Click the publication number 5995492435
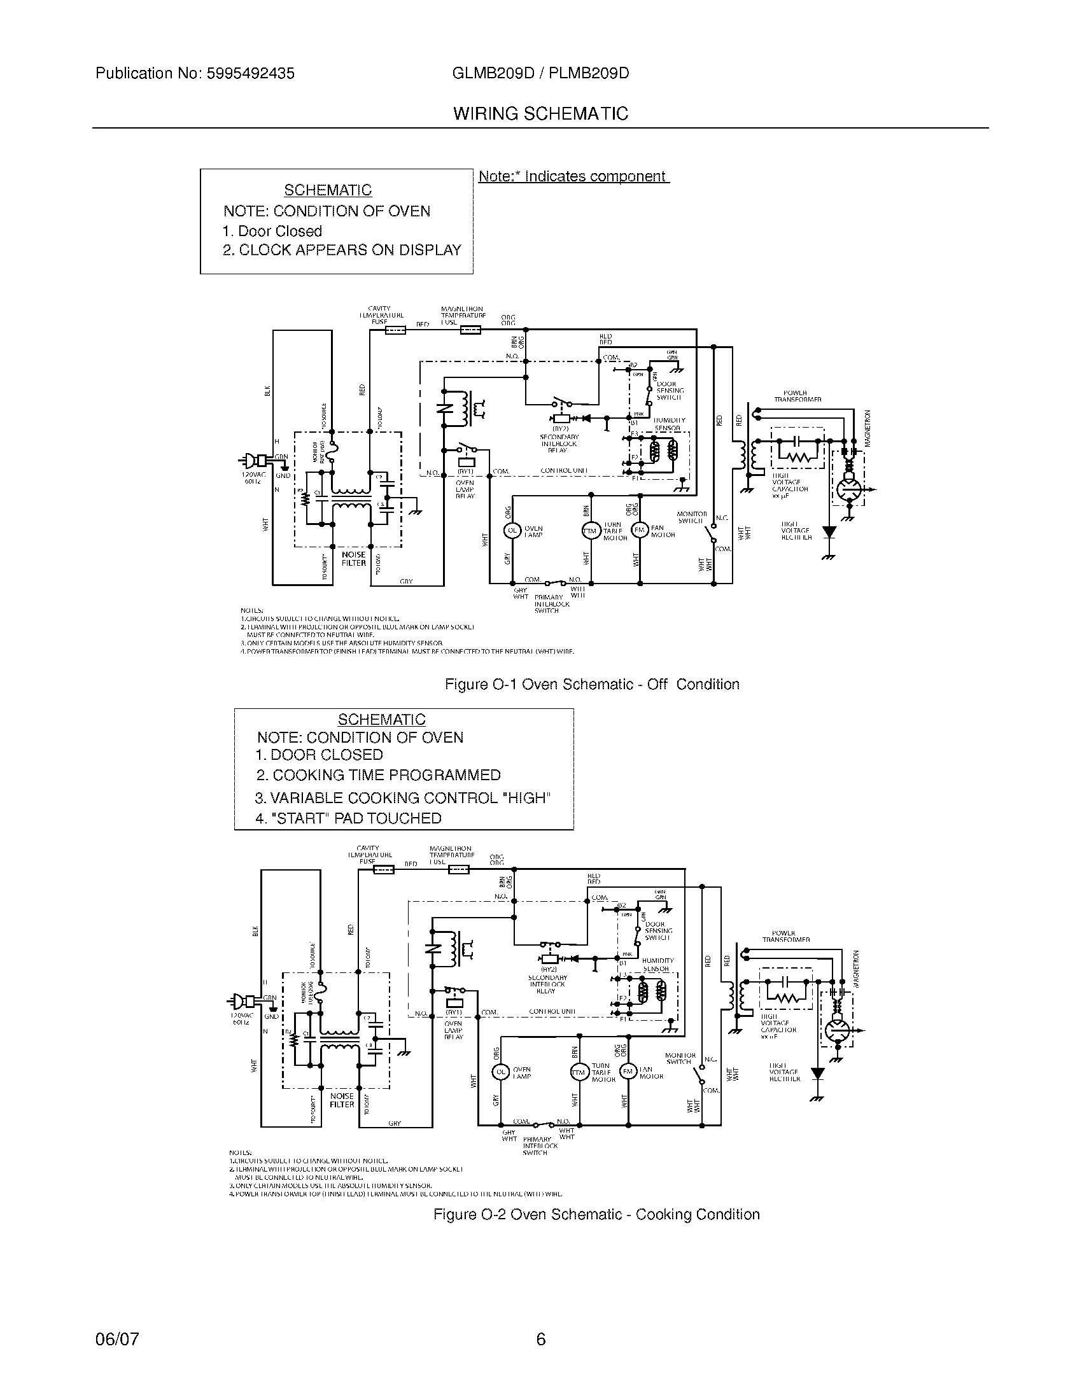point(250,74)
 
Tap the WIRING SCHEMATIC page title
point(540,114)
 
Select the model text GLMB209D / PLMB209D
point(540,74)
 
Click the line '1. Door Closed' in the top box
point(272,232)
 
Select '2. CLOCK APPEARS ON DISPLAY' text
point(342,251)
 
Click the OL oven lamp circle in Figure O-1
point(512,531)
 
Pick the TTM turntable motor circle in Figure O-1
point(589,531)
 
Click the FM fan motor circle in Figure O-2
point(627,1071)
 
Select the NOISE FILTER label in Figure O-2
point(342,1100)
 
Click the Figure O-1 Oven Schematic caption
point(592,685)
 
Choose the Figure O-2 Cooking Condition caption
point(596,1215)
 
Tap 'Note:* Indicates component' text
point(573,177)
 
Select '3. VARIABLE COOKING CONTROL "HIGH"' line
point(402,798)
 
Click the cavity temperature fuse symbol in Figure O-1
point(395,331)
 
